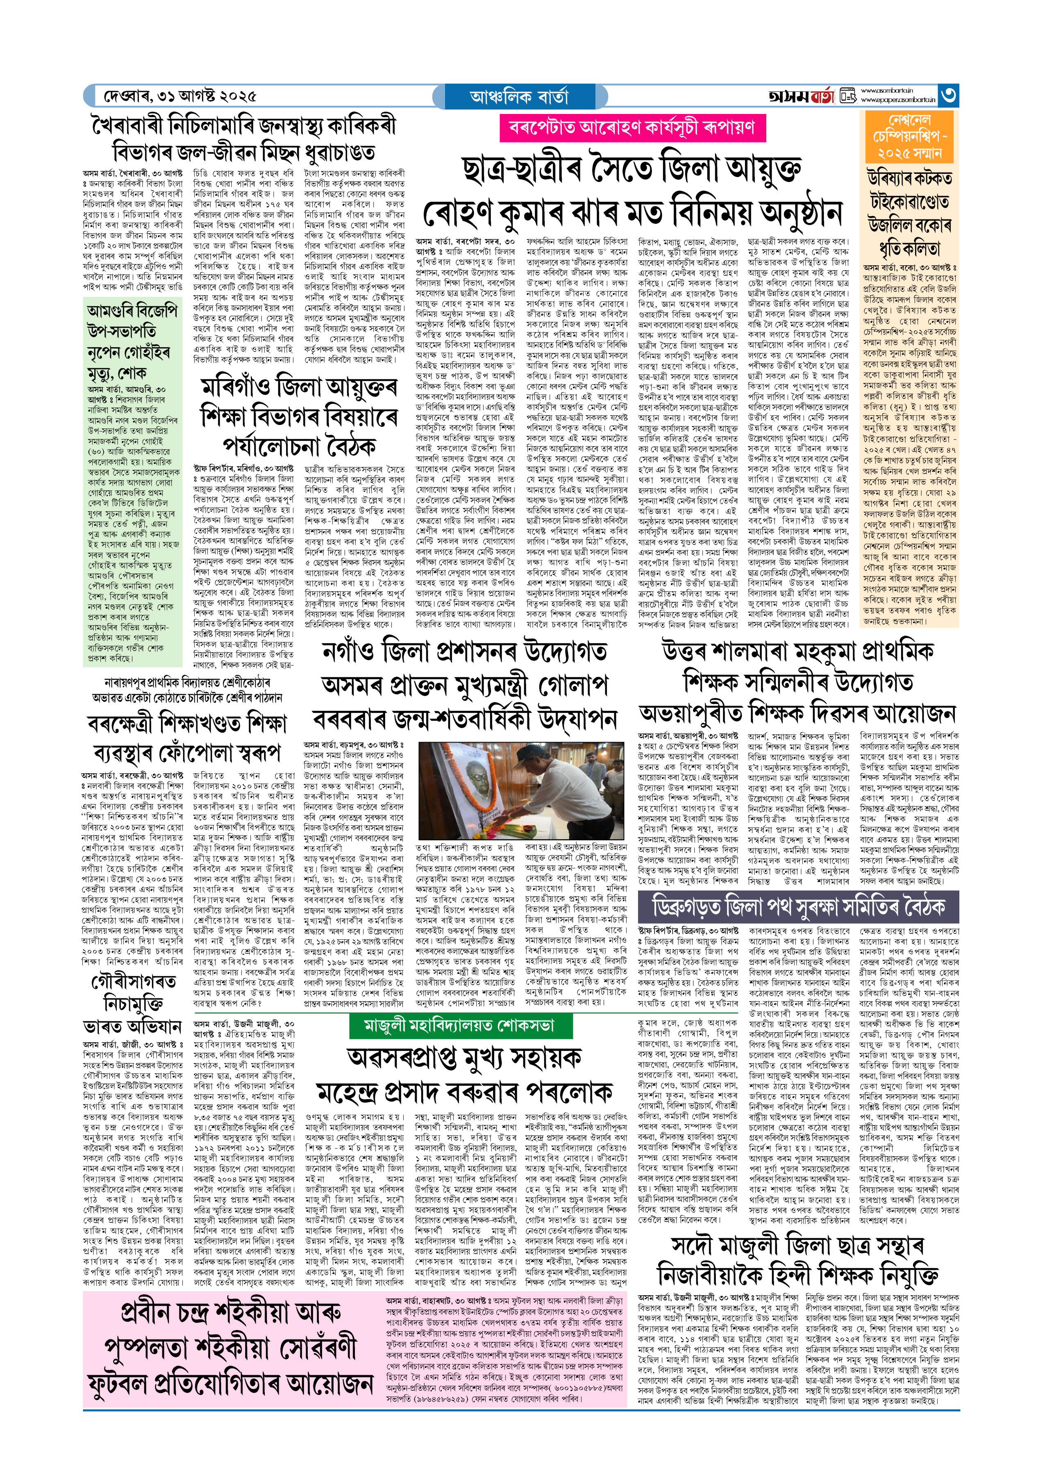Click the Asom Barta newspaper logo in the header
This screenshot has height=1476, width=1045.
point(801,96)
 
